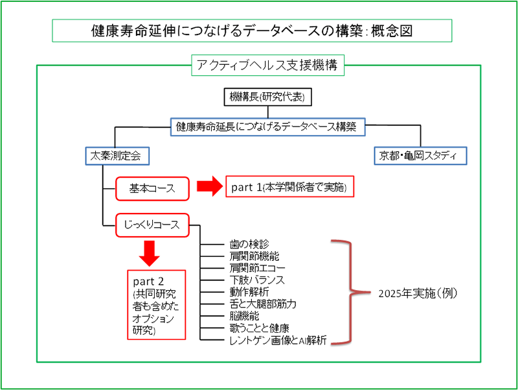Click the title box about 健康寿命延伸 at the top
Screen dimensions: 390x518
tap(252, 30)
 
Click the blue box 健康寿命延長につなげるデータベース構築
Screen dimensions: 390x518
tap(266, 127)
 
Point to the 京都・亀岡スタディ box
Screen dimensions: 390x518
tap(420, 156)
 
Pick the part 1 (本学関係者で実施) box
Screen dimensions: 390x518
tap(289, 188)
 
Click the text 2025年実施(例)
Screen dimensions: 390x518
tap(418, 293)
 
